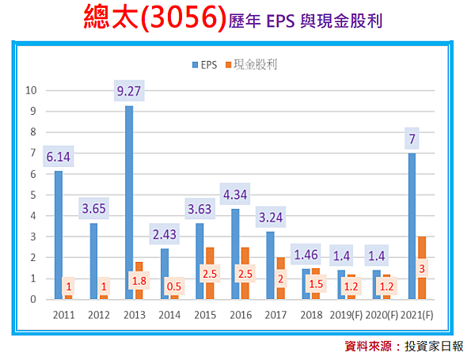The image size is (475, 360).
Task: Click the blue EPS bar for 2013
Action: point(129,198)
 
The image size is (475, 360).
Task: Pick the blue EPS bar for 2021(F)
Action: point(412,222)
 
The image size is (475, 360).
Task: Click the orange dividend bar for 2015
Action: point(210,272)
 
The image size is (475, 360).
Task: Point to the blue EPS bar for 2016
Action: point(235,253)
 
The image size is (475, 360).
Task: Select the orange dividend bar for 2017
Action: point(280,277)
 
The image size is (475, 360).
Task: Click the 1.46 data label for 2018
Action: point(306,255)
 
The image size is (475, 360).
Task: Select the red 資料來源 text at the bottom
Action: point(374,346)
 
